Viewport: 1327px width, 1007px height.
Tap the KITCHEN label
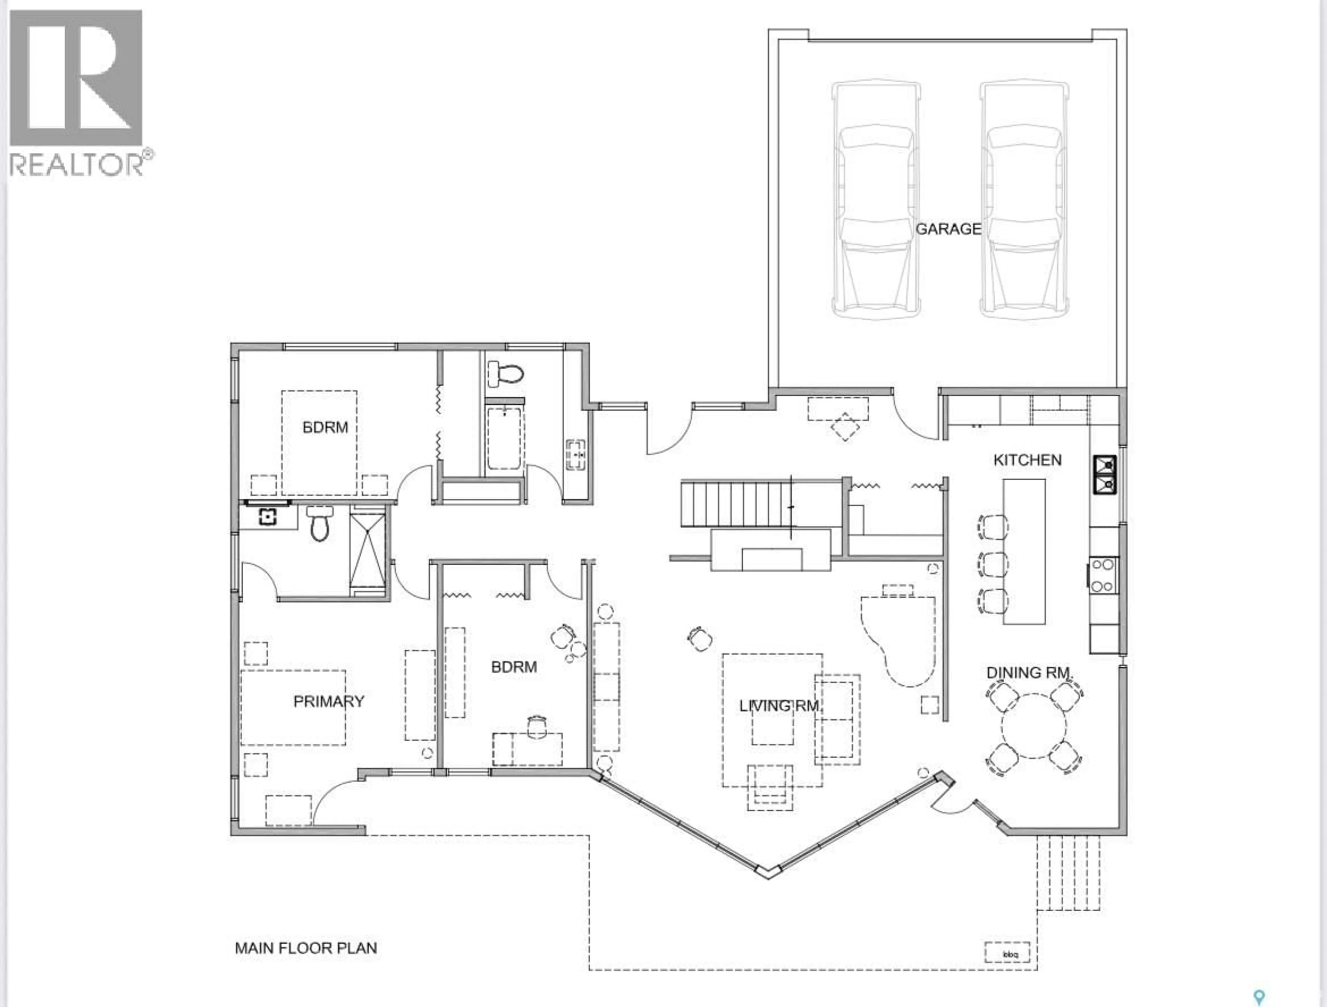tap(1027, 460)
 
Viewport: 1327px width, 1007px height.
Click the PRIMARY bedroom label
tap(329, 701)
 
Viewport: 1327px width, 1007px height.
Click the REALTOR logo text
tap(77, 164)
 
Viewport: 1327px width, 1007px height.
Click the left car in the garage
tap(876, 201)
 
